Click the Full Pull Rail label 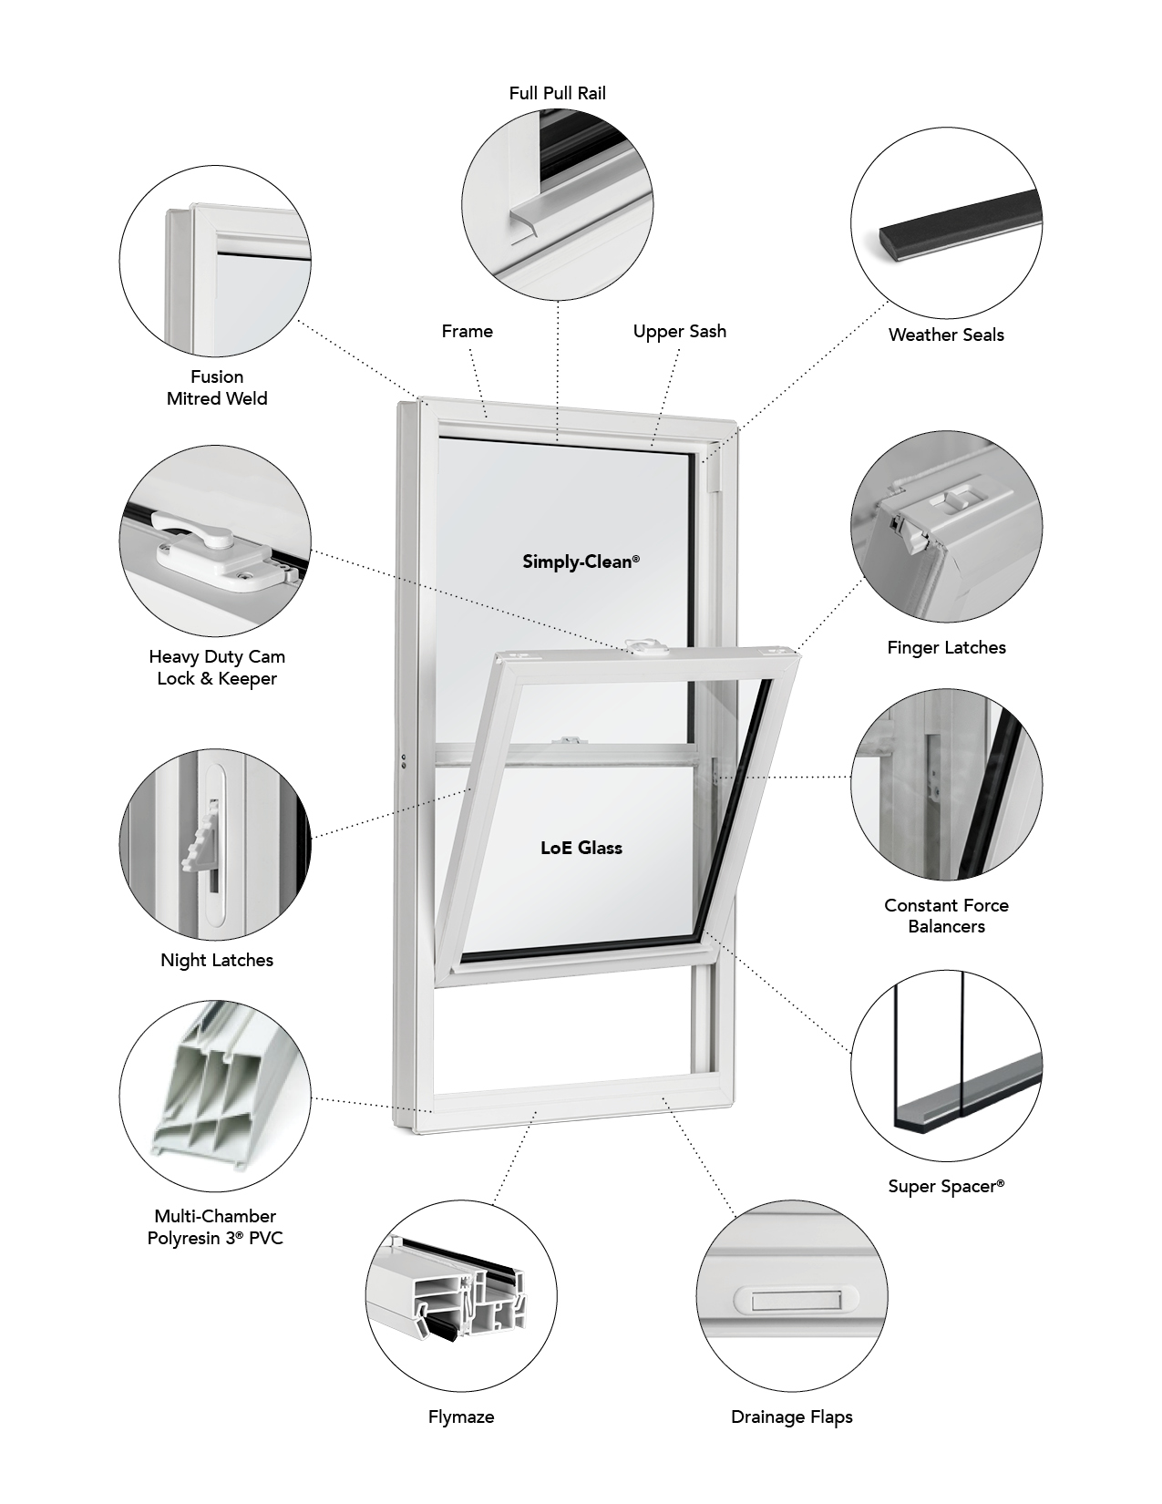(557, 93)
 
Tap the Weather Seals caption (946, 335)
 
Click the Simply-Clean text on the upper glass (581, 561)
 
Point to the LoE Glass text (581, 848)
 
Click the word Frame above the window (467, 331)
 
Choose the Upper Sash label (679, 331)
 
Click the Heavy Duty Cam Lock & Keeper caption (216, 667)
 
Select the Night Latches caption (216, 960)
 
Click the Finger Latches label (946, 647)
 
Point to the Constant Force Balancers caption (946, 915)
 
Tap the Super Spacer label (946, 1186)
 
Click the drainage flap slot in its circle (791, 1301)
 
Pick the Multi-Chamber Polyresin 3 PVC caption (215, 1227)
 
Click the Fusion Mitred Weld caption (217, 387)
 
